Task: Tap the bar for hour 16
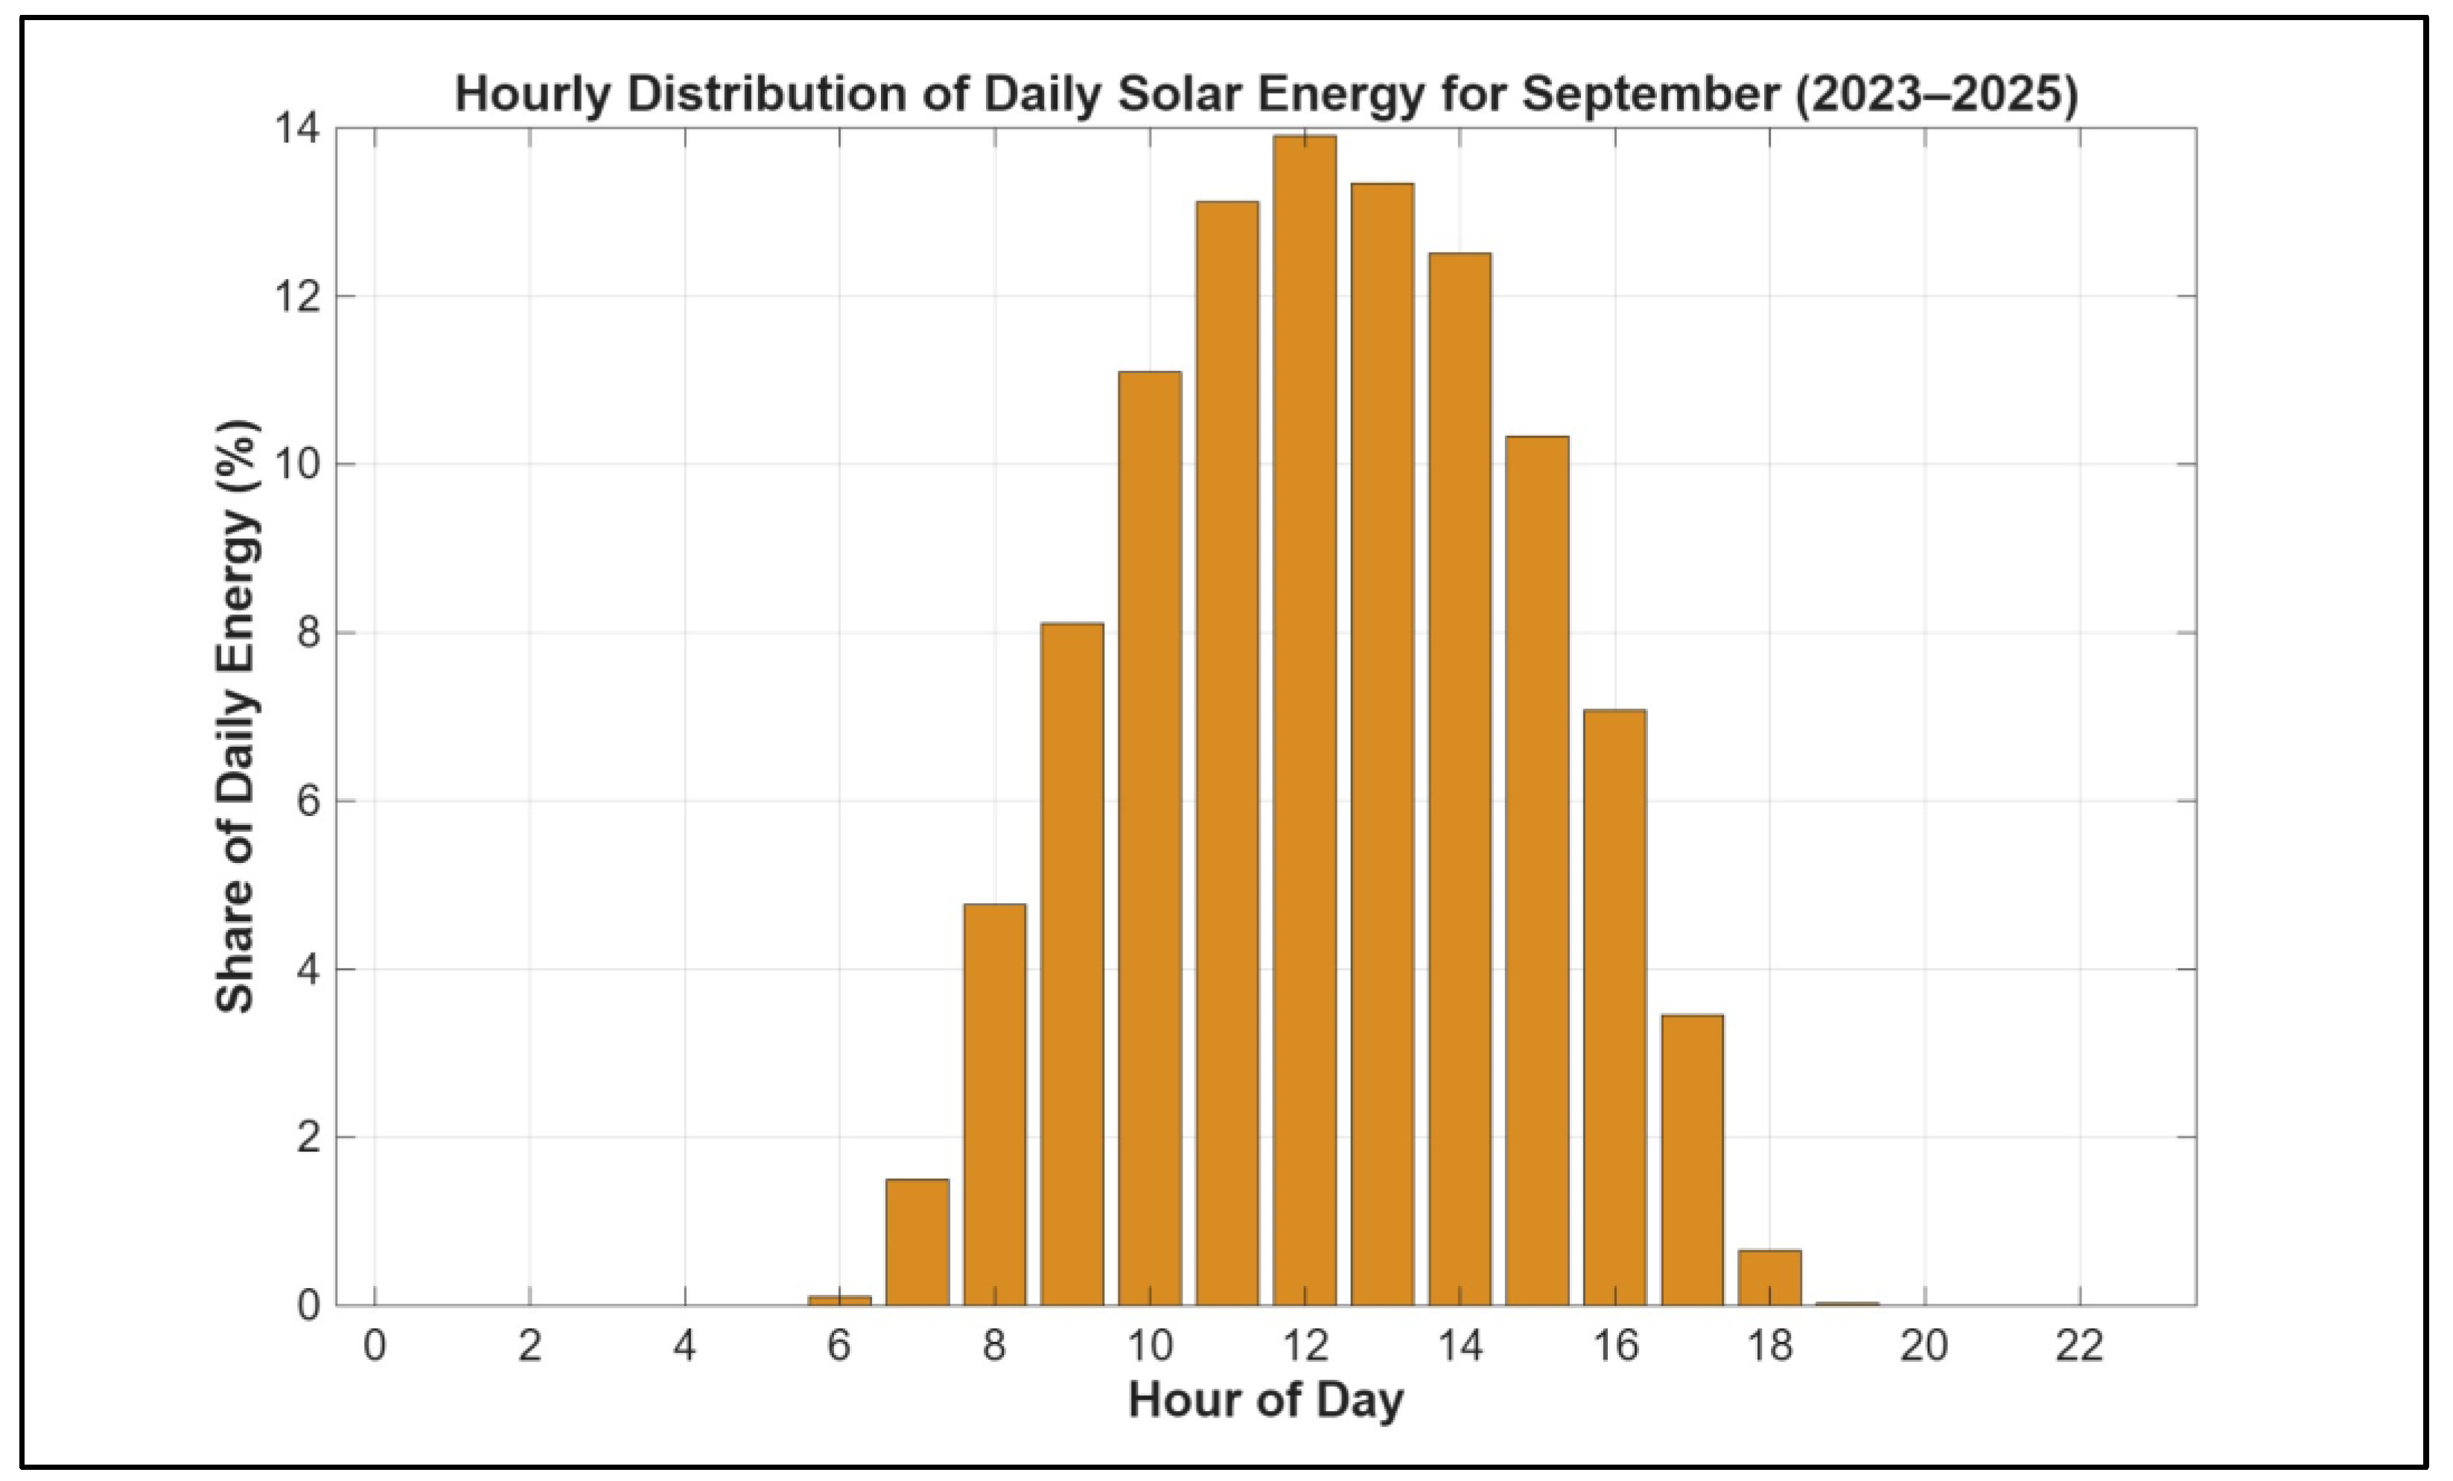pyautogui.click(x=1614, y=1007)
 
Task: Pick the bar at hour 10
pyautogui.click(x=1150, y=838)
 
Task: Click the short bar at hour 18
pyautogui.click(x=1769, y=1277)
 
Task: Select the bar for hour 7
pyautogui.click(x=917, y=1242)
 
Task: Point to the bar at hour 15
pyautogui.click(x=1537, y=871)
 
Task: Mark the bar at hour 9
pyautogui.click(x=1072, y=964)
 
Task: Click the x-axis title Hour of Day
pyautogui.click(x=1266, y=1401)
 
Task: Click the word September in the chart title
pyautogui.click(x=1650, y=95)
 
